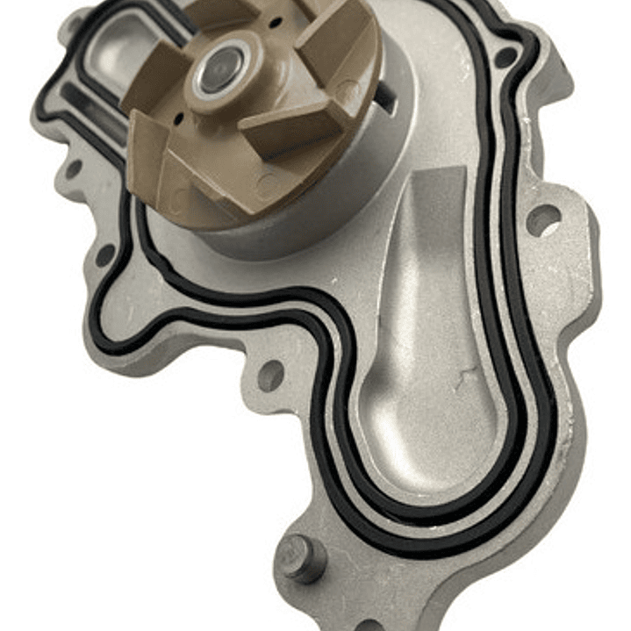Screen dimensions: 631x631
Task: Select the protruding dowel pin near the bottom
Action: (x=301, y=556)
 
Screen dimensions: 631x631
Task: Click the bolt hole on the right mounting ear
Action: (x=542, y=219)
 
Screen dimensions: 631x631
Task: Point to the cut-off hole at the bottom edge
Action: (x=369, y=625)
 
